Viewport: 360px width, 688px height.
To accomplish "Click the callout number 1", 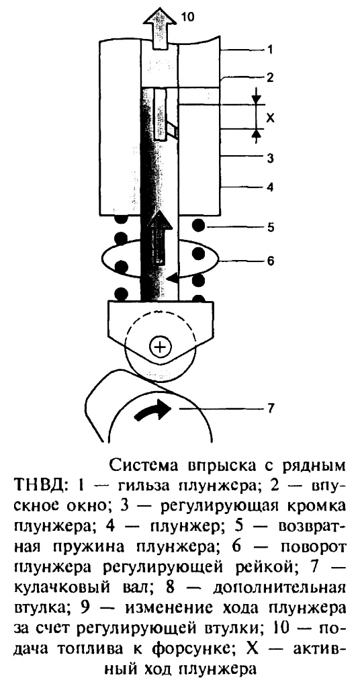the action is tap(270, 50).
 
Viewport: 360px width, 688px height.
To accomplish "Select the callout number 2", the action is tap(270, 78).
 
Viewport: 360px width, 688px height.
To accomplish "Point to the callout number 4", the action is tap(271, 187).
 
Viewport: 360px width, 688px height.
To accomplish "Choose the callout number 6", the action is tap(271, 261).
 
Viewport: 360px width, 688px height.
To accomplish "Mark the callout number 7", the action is tap(271, 408).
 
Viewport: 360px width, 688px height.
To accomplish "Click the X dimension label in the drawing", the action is tap(271, 118).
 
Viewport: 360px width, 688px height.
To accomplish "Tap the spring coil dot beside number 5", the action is tap(198, 226).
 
